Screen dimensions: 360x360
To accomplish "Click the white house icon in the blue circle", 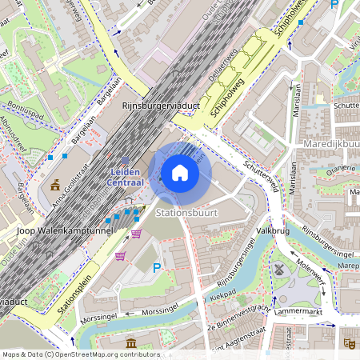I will point(180,173).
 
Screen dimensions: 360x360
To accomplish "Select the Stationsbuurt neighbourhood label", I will point(186,214).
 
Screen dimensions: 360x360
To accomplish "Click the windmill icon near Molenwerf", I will point(278,269).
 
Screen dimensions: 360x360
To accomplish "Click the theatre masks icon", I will point(348,342).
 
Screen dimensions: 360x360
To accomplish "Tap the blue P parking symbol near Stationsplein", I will point(157,268).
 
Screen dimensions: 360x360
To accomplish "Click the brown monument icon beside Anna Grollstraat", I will point(55,186).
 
